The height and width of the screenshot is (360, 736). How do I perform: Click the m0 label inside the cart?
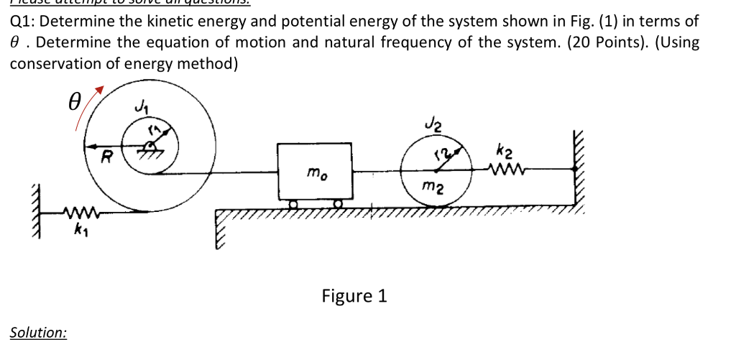click(x=314, y=173)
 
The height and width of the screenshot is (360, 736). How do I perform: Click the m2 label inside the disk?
click(x=431, y=188)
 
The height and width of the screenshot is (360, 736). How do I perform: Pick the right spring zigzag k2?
click(x=504, y=170)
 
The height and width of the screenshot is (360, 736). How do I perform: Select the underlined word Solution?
click(x=39, y=333)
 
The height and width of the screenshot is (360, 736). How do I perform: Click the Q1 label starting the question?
click(x=22, y=21)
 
